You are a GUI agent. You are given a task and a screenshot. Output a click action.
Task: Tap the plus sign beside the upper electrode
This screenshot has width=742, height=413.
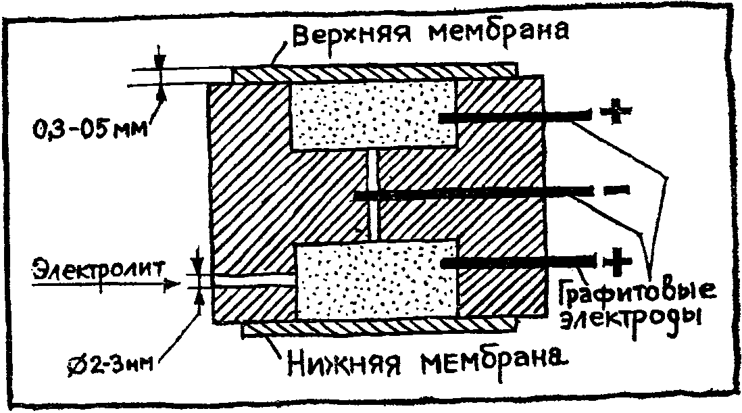pyautogui.click(x=614, y=114)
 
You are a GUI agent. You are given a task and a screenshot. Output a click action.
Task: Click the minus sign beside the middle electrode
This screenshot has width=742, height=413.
pyautogui.click(x=616, y=191)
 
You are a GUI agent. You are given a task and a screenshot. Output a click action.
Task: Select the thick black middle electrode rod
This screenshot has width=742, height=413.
pyautogui.click(x=473, y=196)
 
